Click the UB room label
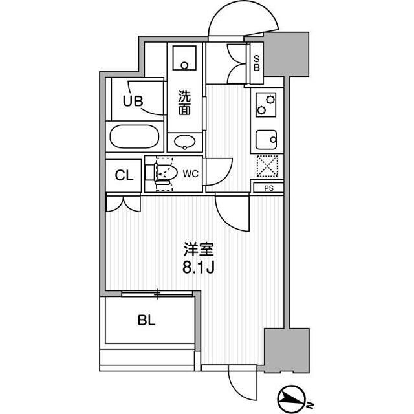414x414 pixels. coord(133,101)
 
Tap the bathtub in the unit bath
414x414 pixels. coord(135,136)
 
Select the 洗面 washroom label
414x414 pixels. coord(184,103)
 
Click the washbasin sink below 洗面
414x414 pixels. coord(185,142)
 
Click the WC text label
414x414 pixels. coord(191,174)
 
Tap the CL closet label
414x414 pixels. coord(124,175)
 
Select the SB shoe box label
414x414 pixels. coord(256,63)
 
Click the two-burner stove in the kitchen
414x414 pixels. coord(266,105)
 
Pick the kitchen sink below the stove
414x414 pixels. coord(266,140)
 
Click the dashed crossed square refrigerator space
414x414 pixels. coord(267,166)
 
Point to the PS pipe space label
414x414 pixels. coord(269,188)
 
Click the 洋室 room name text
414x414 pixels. coord(199,249)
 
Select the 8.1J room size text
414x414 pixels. coord(198,268)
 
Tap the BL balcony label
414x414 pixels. coord(147,321)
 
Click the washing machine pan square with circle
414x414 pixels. coord(184,58)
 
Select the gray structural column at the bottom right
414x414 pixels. coord(287,351)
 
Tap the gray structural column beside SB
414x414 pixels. coord(287,54)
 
